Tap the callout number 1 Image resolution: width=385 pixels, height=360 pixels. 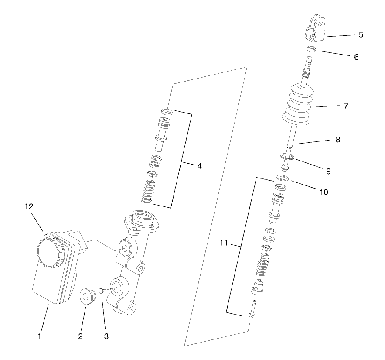[40, 336]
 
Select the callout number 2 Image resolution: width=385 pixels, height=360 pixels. [80, 336]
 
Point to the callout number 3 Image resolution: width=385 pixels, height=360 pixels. [106, 336]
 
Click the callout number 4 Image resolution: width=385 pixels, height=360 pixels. [199, 166]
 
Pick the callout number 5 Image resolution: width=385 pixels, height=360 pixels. [361, 34]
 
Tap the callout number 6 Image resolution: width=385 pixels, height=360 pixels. [356, 57]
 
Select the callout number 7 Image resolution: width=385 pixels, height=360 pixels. [346, 106]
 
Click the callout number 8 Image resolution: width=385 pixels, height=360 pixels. [338, 140]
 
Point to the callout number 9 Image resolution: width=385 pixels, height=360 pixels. [328, 171]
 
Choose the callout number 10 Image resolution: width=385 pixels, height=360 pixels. [324, 192]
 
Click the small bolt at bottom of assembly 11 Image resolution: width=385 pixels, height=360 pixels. [252, 309]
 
